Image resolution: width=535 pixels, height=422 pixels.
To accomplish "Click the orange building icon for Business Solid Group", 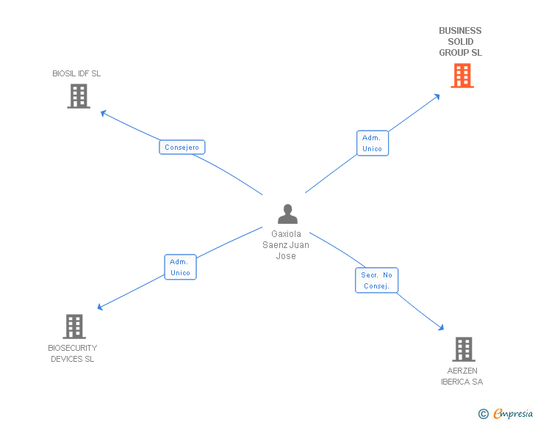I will pos(462,76).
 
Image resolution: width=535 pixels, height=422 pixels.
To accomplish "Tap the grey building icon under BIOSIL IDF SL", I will pos(79,96).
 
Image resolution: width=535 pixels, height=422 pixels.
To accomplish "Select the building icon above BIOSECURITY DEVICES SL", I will pos(74,327).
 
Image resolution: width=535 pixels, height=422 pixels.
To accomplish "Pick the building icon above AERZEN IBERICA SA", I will pos(463,349).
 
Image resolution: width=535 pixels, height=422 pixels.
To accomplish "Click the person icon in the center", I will pos(287,214).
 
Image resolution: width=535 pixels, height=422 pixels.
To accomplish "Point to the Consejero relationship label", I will pos(182,148).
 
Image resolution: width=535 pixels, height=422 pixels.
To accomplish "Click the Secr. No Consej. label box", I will pos(377,280).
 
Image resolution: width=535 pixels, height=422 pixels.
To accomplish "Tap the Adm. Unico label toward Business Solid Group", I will pos(372,143).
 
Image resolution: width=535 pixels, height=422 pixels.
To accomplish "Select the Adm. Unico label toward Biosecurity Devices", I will pos(180,267).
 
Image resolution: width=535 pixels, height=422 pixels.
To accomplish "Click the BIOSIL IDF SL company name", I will pos(76,73).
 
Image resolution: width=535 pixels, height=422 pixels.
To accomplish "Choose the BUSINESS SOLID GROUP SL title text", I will pos(460,42).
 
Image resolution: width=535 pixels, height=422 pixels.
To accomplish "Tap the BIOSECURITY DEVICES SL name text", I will pos(73,353).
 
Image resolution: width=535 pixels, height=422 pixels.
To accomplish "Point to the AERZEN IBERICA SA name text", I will pos(462,376).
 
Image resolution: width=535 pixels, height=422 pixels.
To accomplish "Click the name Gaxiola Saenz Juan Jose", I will pos(286,245).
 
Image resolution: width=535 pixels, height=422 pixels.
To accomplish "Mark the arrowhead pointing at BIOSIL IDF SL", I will pos(103,112).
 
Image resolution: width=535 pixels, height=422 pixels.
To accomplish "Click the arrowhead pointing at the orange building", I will pos(438,95).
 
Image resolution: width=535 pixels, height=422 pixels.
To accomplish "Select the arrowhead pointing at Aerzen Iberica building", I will pos(442,329).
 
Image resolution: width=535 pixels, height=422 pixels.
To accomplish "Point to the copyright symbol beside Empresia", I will pos(483,415).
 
